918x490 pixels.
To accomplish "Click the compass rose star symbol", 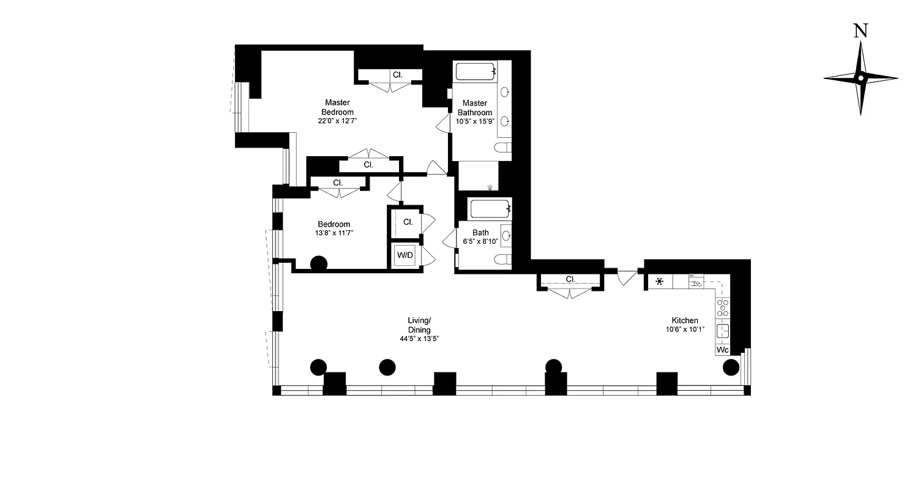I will pyautogui.click(x=860, y=78).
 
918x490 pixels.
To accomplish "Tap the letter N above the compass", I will pyautogui.click(x=860, y=31).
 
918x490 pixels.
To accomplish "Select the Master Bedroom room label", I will pyautogui.click(x=338, y=107).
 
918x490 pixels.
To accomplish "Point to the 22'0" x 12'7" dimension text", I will pyautogui.click(x=338, y=121).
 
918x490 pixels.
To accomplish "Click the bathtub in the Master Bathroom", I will pyautogui.click(x=475, y=72).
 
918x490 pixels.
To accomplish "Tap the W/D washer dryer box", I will pyautogui.click(x=404, y=255).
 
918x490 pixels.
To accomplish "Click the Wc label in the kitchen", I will pyautogui.click(x=723, y=350).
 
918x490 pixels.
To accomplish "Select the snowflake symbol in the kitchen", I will pyautogui.click(x=660, y=282).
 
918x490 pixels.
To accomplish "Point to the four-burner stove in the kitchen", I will pyautogui.click(x=723, y=307).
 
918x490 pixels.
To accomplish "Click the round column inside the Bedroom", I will pyautogui.click(x=318, y=264).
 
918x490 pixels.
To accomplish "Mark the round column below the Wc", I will pyautogui.click(x=731, y=367).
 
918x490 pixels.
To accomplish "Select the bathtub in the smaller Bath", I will pyautogui.click(x=489, y=209).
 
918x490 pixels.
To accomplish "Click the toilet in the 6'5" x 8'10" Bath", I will pyautogui.click(x=504, y=258).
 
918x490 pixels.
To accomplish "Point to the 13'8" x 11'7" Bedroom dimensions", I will pyautogui.click(x=334, y=233).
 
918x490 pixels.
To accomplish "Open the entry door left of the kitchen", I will pyautogui.click(x=625, y=276).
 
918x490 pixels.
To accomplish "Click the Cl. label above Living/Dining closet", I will pyautogui.click(x=570, y=279).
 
